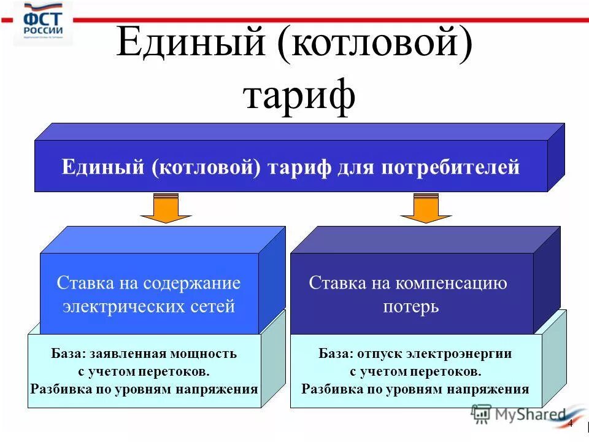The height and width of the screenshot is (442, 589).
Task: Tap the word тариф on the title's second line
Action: pos(299,95)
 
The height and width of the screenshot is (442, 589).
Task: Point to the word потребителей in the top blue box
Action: pos(450,168)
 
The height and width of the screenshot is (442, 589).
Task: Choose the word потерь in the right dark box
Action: pos(410,306)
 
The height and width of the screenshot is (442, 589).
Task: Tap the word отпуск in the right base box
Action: pos(368,354)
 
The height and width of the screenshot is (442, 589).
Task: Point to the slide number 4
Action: pos(570,424)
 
